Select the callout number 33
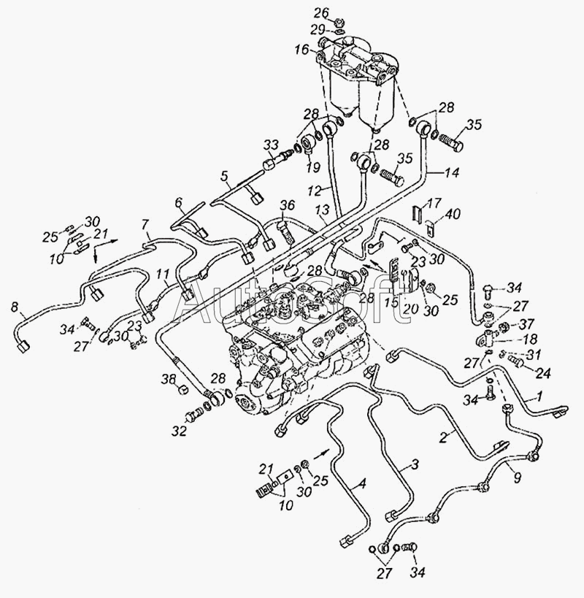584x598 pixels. coord(272,145)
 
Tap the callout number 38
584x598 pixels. coord(169,379)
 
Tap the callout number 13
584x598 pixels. coord(322,210)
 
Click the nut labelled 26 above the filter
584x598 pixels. coord(341,23)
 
